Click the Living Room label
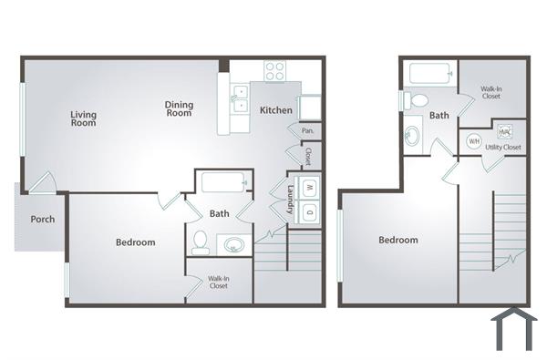click(x=84, y=119)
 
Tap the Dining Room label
click(x=179, y=108)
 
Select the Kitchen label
click(x=276, y=110)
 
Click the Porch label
click(x=42, y=220)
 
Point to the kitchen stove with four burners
click(x=275, y=71)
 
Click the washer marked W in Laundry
click(x=309, y=189)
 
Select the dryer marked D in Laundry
click(x=309, y=212)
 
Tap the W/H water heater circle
click(x=474, y=141)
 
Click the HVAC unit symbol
click(x=504, y=130)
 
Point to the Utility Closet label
click(x=503, y=147)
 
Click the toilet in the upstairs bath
click(x=417, y=99)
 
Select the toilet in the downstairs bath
click(x=201, y=242)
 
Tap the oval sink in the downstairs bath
click(x=234, y=243)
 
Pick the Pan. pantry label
click(x=307, y=131)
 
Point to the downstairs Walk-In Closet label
click(x=217, y=283)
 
